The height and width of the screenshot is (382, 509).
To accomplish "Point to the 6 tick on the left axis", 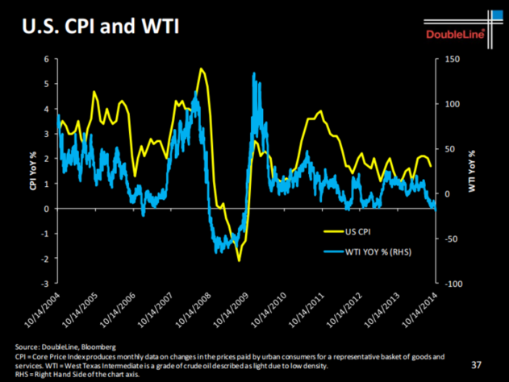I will click(x=47, y=59).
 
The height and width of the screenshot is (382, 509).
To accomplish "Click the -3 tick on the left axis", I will click(x=45, y=284).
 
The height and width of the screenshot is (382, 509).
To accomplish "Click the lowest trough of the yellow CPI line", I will click(x=239, y=260).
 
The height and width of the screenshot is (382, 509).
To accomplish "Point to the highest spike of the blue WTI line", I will click(x=254, y=73).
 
